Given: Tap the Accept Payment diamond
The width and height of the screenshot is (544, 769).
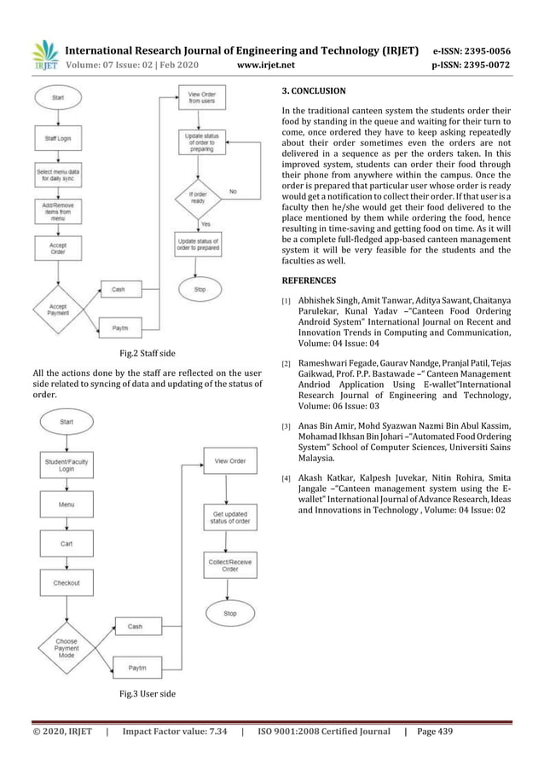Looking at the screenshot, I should pyautogui.click(x=58, y=309).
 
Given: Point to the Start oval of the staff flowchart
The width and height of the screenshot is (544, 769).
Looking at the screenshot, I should pyautogui.click(x=58, y=99).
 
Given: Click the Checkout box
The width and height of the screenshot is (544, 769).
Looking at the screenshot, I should pyautogui.click(x=67, y=583).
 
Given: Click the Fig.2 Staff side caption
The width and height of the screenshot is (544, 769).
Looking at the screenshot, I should pyautogui.click(x=147, y=352).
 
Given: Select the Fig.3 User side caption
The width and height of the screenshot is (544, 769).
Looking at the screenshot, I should pyautogui.click(x=147, y=694).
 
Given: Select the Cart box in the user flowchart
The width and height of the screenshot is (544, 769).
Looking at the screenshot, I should pyautogui.click(x=67, y=544).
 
